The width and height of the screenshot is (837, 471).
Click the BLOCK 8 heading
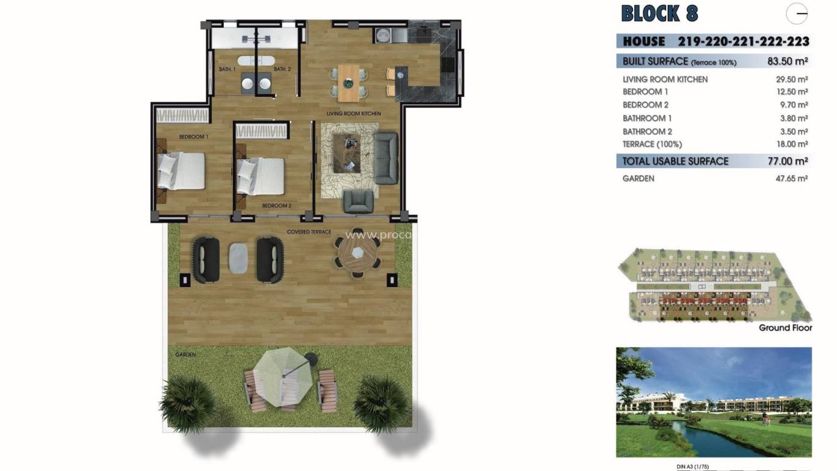pyautogui.click(x=659, y=13)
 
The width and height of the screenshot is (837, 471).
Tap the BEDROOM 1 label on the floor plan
pyautogui.click(x=194, y=137)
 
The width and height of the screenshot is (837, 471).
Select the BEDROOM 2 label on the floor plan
pyautogui.click(x=276, y=205)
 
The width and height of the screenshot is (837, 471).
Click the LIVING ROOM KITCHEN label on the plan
pyautogui.click(x=354, y=113)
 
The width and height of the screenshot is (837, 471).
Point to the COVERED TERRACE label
pyautogui.click(x=309, y=232)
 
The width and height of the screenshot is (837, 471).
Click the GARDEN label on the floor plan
pyautogui.click(x=184, y=354)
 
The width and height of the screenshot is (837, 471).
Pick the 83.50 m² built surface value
pyautogui.click(x=787, y=61)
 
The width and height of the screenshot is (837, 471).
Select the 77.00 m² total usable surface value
pyautogui.click(x=787, y=161)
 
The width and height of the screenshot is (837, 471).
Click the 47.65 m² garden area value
pyautogui.click(x=792, y=178)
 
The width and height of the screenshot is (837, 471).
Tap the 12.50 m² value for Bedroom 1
pyautogui.click(x=792, y=92)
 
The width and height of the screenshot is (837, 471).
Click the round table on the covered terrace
pyautogui.click(x=357, y=253)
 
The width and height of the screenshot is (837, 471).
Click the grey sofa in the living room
pyautogui.click(x=386, y=158)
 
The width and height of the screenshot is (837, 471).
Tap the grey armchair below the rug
pyautogui.click(x=358, y=201)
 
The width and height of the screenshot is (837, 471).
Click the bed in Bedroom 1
pyautogui.click(x=181, y=170)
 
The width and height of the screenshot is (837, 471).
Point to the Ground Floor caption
pyautogui.click(x=785, y=328)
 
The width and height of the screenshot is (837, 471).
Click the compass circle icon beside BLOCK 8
pyautogui.click(x=797, y=13)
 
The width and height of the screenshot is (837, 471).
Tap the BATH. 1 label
pyautogui.click(x=227, y=69)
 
